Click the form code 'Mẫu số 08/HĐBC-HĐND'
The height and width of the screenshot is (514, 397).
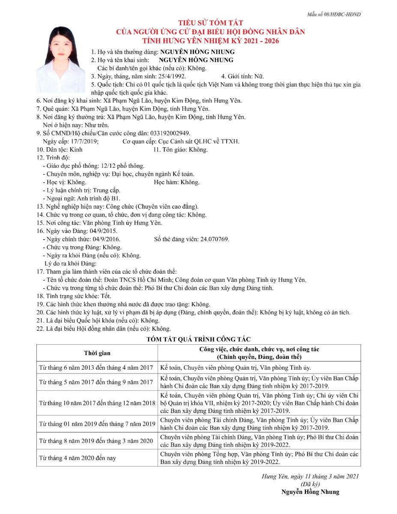pos(334,15)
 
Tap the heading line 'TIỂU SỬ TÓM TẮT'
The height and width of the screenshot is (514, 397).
pos(210,23)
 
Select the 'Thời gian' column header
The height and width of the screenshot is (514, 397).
pos(97,353)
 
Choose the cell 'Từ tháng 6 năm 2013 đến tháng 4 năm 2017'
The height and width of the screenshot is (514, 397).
pos(96,368)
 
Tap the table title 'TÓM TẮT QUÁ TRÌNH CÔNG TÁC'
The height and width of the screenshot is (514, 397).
pos(198,339)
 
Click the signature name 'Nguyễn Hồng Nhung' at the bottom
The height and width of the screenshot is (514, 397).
pos(310,492)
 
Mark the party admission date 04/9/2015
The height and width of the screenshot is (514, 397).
pos(97,231)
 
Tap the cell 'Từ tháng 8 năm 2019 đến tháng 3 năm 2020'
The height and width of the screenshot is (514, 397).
pos(96,441)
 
